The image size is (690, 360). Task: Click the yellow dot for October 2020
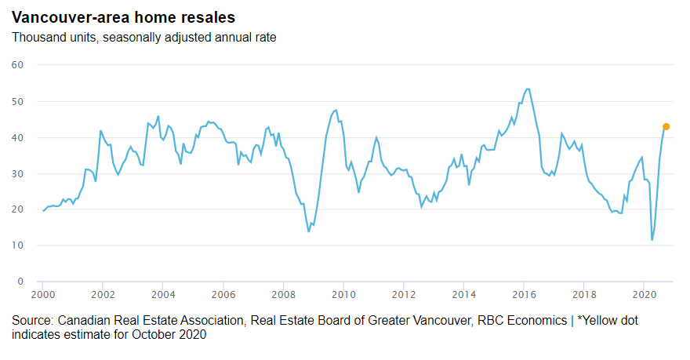[666, 126]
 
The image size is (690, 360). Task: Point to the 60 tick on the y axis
[18, 65]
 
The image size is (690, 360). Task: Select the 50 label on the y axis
[18, 101]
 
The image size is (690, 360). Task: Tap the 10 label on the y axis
[18, 245]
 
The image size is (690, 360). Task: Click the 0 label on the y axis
[21, 282]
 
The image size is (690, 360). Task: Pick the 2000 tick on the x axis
[42, 295]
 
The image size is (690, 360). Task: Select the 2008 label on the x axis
[283, 295]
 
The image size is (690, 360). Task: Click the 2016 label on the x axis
[523, 295]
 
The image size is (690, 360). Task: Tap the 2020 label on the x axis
[643, 295]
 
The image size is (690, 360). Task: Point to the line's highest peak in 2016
[528, 89]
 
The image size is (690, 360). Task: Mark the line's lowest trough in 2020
[652, 240]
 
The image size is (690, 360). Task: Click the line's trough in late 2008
[308, 231]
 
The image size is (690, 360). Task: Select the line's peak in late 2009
[336, 110]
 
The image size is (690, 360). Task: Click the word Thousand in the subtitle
[36, 38]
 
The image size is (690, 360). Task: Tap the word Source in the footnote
[31, 321]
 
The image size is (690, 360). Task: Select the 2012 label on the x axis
[403, 295]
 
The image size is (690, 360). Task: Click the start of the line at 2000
[42, 211]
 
